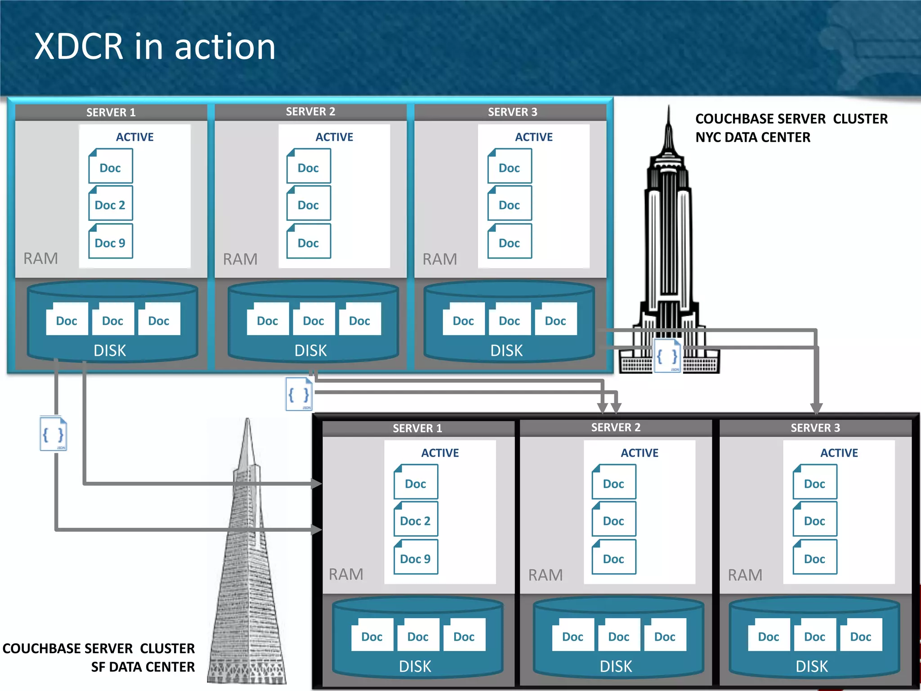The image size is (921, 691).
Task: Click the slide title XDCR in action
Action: click(155, 46)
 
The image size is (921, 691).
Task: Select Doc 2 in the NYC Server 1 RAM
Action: click(110, 205)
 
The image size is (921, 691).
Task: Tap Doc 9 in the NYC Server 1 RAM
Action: click(110, 242)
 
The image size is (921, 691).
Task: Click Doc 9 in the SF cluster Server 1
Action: click(416, 558)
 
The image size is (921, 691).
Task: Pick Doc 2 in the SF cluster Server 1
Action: click(416, 520)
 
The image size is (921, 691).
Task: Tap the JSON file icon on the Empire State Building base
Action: click(667, 356)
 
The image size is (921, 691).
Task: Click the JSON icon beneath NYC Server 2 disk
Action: click(299, 395)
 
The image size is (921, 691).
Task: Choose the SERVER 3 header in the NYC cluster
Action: click(512, 112)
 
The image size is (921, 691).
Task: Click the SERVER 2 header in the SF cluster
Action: click(616, 427)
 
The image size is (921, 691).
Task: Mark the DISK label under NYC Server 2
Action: click(310, 350)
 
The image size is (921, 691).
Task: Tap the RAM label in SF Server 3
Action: click(745, 575)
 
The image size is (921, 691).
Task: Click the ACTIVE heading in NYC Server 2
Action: click(334, 137)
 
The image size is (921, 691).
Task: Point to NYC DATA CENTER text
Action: click(752, 137)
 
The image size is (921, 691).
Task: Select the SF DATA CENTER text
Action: click(143, 667)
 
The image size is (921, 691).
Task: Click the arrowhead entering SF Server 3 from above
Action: click(816, 408)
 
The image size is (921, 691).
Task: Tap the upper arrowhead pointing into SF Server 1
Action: click(317, 484)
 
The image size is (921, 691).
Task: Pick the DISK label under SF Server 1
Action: click(415, 666)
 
